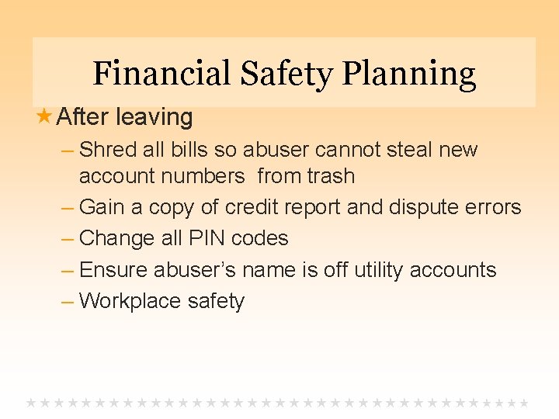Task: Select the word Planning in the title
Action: point(409,74)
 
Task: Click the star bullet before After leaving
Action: point(44,117)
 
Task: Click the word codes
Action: point(261,238)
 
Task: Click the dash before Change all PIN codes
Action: point(67,239)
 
